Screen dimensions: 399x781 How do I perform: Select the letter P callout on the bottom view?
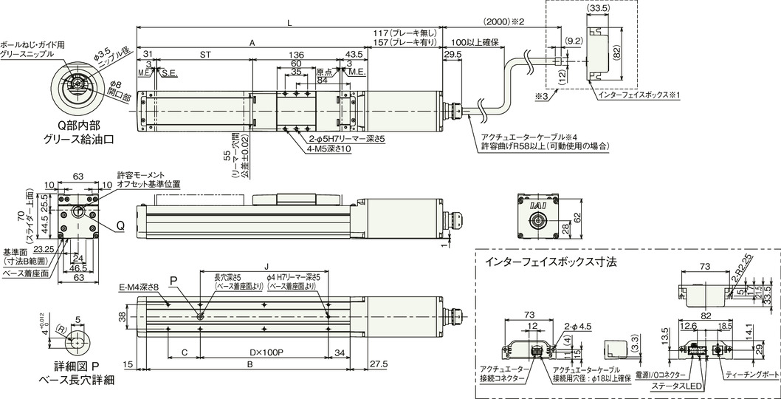tap(174, 281)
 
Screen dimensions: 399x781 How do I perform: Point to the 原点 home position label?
tap(324, 72)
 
